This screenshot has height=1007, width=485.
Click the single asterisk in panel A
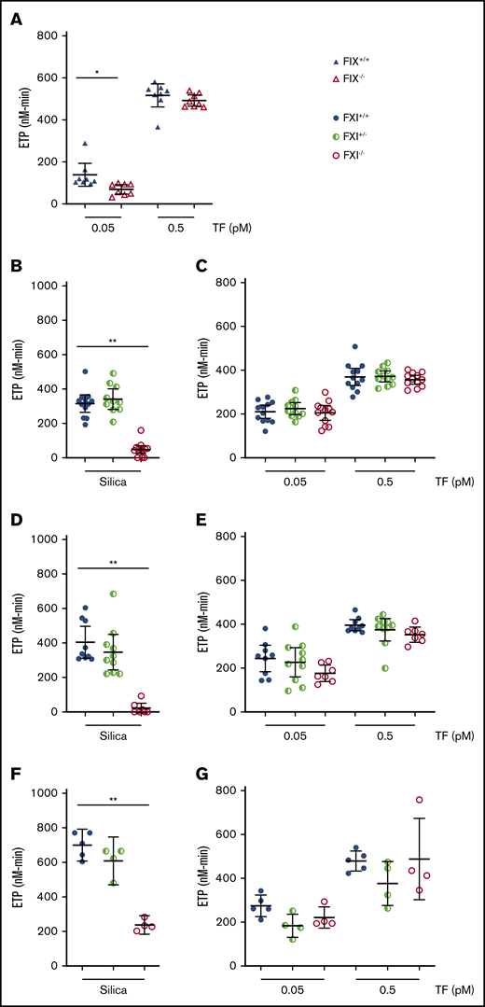96,69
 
